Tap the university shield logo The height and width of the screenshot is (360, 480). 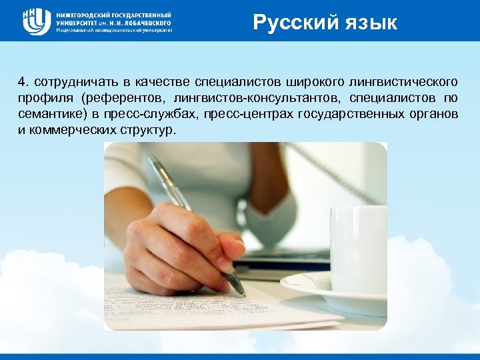tap(36, 21)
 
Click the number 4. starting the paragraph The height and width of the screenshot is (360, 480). tap(24, 82)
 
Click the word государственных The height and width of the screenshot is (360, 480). tap(343, 114)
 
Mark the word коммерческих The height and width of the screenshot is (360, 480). tap(63, 130)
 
